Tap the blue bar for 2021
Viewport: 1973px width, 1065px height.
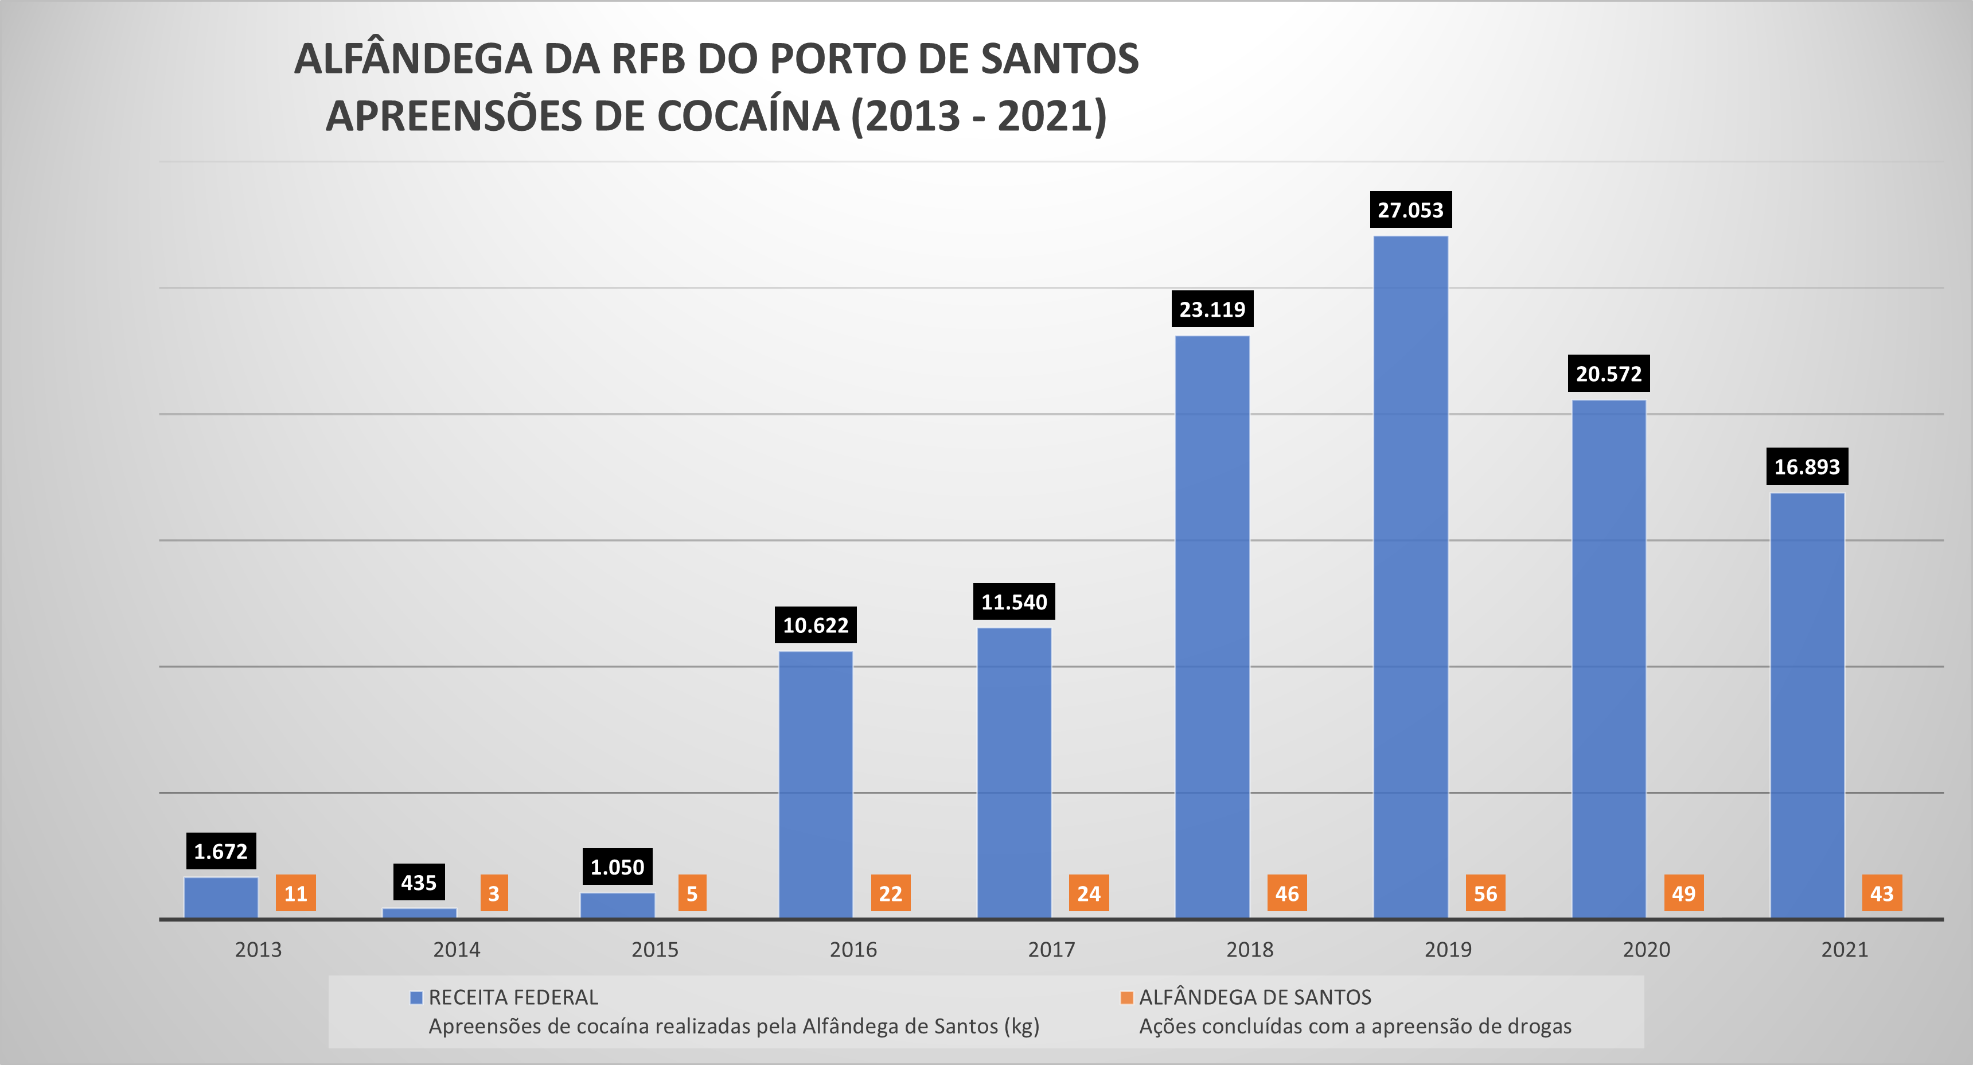click(x=1807, y=705)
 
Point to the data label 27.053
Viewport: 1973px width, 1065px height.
click(x=1410, y=210)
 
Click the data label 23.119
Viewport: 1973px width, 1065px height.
click(x=1212, y=309)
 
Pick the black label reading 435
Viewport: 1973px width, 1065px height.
click(x=418, y=883)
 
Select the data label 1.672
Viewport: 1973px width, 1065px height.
click(x=221, y=851)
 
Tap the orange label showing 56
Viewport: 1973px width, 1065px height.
click(x=1485, y=893)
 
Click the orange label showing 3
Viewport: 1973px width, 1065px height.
click(x=494, y=893)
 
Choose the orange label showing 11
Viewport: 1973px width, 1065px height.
click(x=295, y=893)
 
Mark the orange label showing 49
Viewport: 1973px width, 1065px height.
click(x=1683, y=893)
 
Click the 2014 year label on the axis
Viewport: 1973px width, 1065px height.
click(x=457, y=950)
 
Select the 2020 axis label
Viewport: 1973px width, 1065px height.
click(x=1646, y=950)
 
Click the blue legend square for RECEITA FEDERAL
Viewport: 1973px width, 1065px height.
click(x=416, y=997)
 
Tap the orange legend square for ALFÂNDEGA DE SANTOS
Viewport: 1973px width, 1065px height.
click(x=1126, y=997)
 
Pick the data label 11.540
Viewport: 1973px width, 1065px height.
click(x=1014, y=603)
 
